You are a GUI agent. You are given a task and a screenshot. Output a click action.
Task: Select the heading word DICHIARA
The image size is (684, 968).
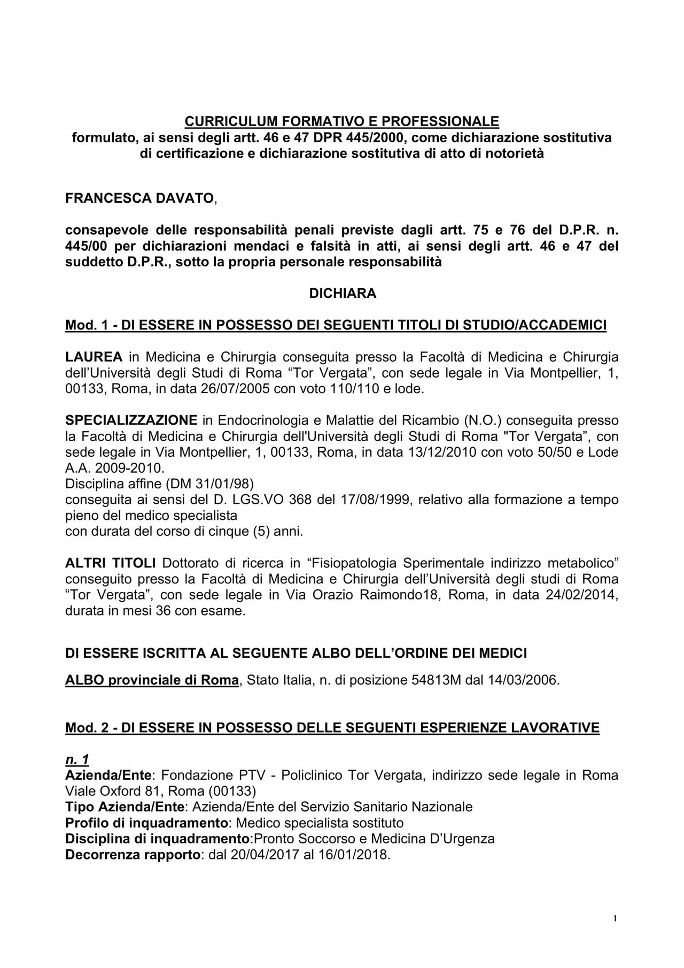(343, 294)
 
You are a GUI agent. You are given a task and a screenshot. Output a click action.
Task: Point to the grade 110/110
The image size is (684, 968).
(349, 388)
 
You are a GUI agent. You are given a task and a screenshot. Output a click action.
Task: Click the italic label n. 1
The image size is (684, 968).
(77, 759)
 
